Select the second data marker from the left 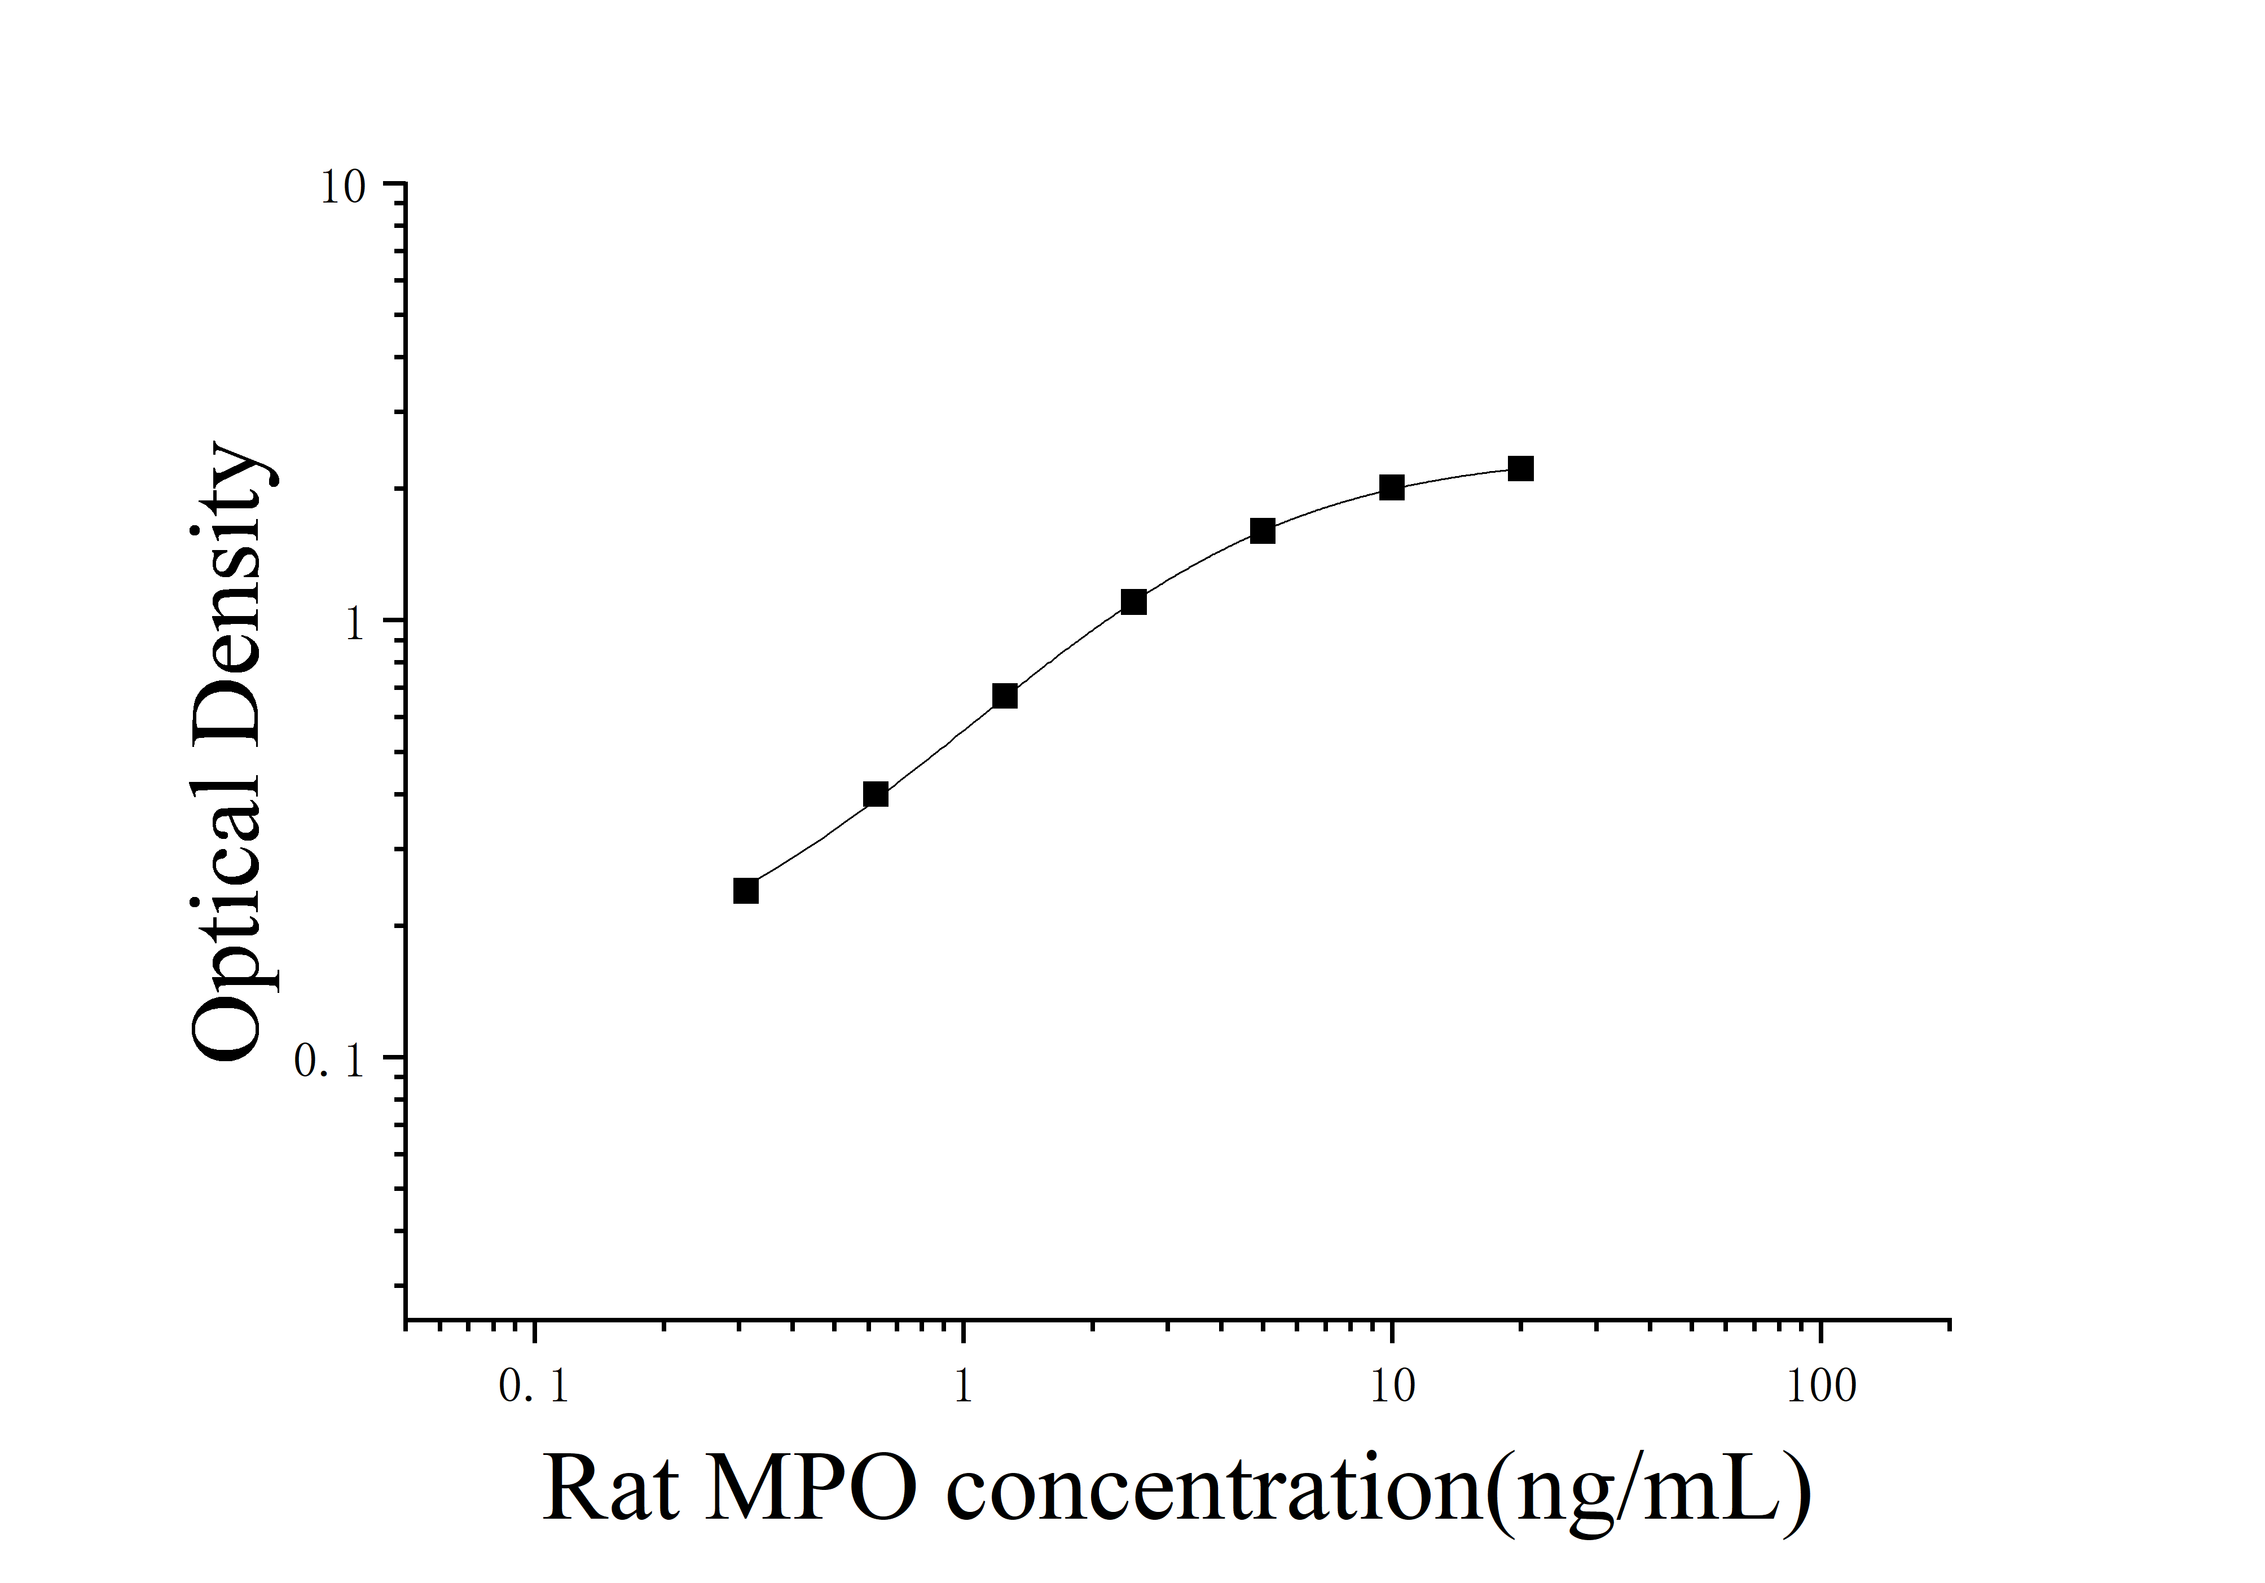pos(875,794)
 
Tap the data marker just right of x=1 pos(1004,696)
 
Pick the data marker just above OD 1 pos(1133,601)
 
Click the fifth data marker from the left pos(1263,531)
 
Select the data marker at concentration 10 pos(1391,487)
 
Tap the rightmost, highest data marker pos(1521,468)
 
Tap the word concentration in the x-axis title pos(1213,1489)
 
